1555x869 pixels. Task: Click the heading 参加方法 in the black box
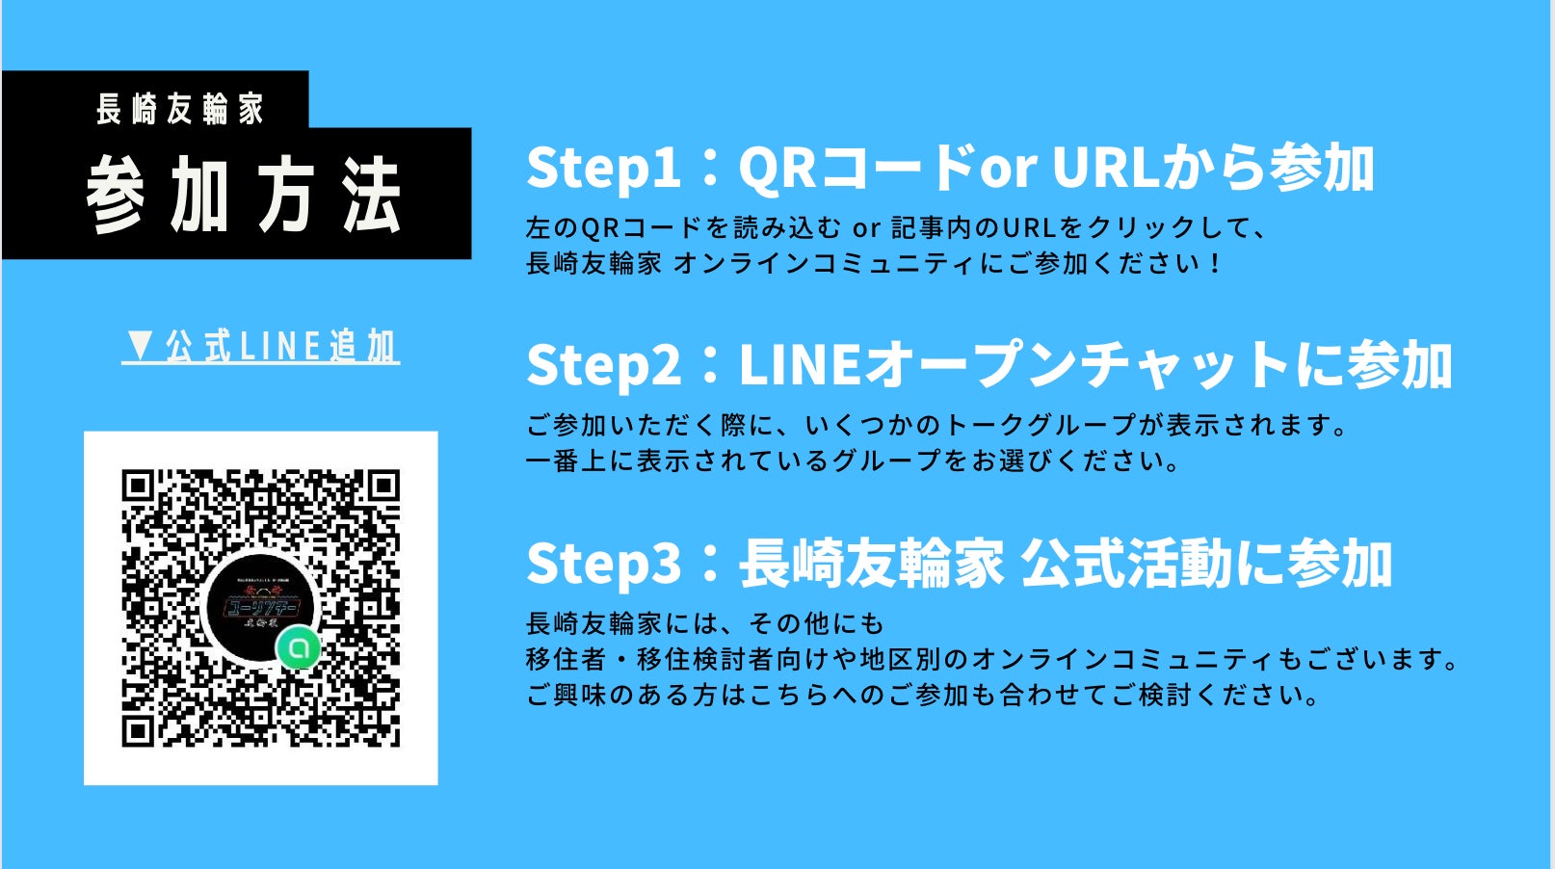[x=243, y=196]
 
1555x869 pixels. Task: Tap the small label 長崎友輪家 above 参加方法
[x=179, y=110]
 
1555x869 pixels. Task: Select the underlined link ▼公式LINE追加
[x=261, y=347]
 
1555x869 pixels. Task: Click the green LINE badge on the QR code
[x=299, y=648]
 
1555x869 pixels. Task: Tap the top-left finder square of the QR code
[x=137, y=487]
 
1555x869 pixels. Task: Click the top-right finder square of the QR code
[x=383, y=487]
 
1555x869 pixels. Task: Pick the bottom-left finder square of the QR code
[x=137, y=730]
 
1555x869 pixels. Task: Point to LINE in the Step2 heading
[x=800, y=365]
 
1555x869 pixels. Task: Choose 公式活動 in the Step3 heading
[x=1125, y=564]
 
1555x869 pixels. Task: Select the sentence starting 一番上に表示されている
[x=854, y=461]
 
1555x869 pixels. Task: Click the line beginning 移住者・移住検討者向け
[x=992, y=659]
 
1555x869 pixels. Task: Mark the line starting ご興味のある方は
[x=923, y=695]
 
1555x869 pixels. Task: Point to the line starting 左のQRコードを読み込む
[x=896, y=227]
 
